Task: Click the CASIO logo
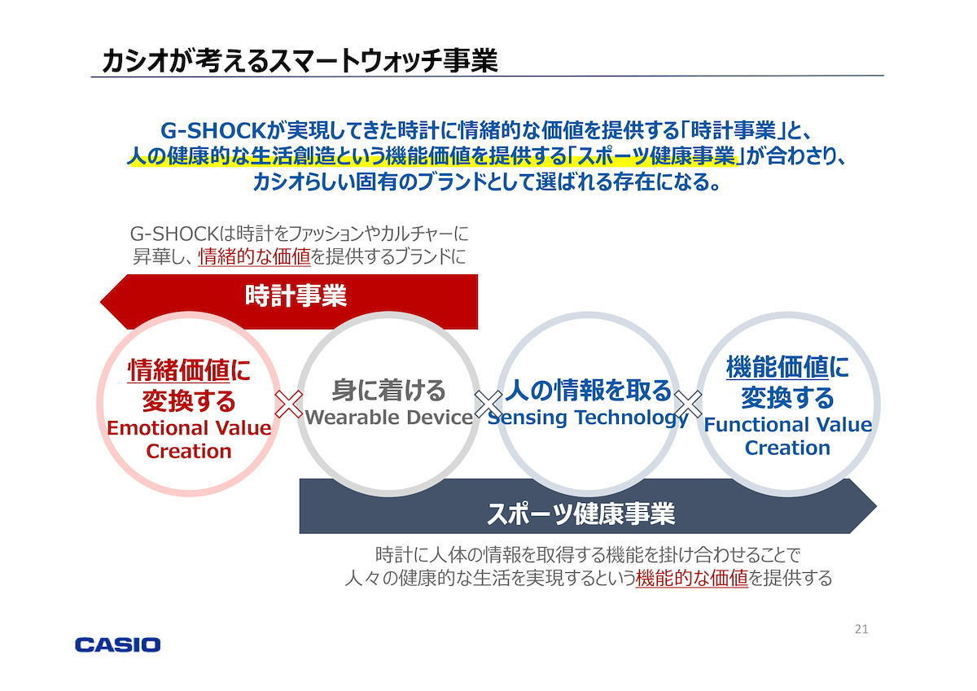tap(117, 645)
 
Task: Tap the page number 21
tap(861, 629)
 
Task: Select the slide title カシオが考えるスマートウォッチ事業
tap(300, 60)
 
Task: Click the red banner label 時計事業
tap(296, 295)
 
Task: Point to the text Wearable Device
tap(389, 418)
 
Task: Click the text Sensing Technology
tap(588, 418)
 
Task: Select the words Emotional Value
tap(189, 428)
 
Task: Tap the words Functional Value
tap(788, 425)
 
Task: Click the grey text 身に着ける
tap(388, 390)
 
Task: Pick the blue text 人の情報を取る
tap(588, 390)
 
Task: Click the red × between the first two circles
tap(288, 405)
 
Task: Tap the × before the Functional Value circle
tap(688, 405)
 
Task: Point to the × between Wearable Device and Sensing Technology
tap(488, 405)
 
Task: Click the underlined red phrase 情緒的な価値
tap(254, 256)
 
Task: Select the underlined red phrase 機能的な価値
tap(692, 578)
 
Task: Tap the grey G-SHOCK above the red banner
tap(173, 234)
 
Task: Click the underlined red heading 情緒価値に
tap(189, 370)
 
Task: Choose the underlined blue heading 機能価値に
tap(788, 366)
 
